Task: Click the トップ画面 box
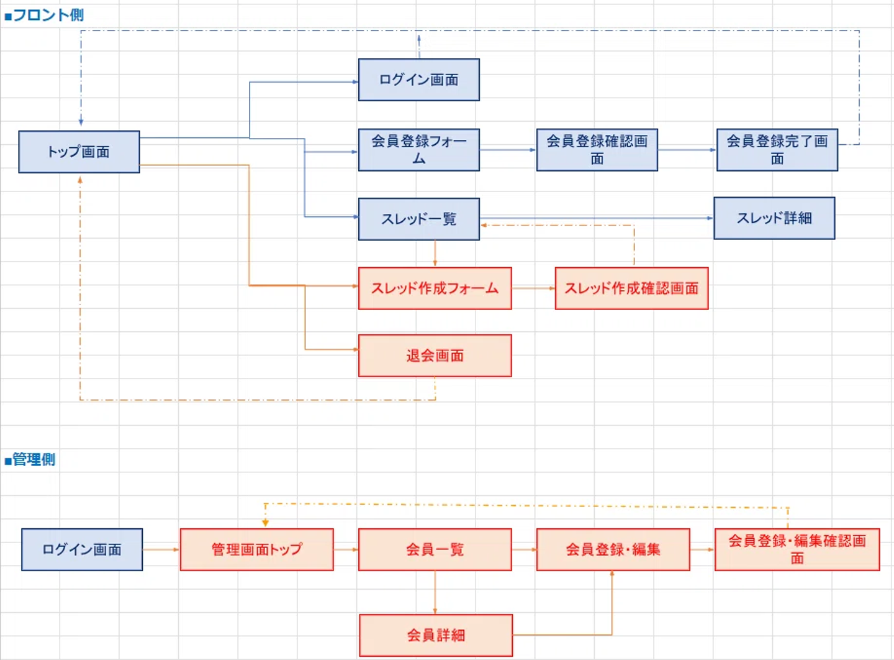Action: (79, 152)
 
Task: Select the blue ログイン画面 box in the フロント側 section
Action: (418, 80)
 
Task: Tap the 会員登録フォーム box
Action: (418, 150)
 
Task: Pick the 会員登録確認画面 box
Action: (597, 150)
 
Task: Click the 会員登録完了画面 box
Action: (777, 150)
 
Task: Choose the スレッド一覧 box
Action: (418, 219)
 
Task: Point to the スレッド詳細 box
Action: (774, 218)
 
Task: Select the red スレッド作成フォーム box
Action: (435, 288)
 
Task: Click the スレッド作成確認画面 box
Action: (631, 288)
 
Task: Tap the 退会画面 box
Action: (435, 355)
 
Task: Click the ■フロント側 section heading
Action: (44, 15)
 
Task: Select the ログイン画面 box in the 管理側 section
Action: (82, 549)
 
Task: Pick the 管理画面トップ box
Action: (256, 549)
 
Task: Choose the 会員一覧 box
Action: (435, 549)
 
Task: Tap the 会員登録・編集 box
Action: (613, 549)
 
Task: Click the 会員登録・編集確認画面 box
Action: (797, 549)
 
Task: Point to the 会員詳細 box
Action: (436, 635)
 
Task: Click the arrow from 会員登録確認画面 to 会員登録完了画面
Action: (687, 150)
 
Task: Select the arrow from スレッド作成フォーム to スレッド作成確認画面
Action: (533, 288)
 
